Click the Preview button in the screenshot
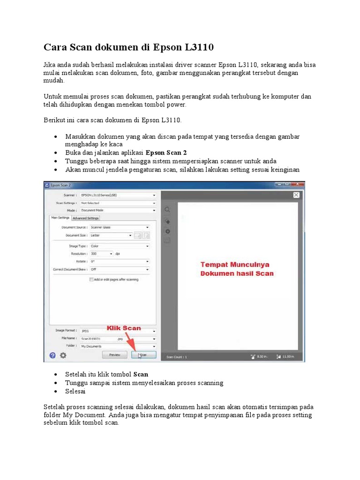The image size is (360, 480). click(x=115, y=355)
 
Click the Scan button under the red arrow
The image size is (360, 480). click(x=143, y=355)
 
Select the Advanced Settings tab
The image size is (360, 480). click(x=86, y=218)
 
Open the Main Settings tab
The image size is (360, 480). click(x=60, y=217)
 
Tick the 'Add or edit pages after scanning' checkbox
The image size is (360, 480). click(x=91, y=279)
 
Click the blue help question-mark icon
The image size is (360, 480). click(x=52, y=355)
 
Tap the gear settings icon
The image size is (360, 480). click(x=63, y=355)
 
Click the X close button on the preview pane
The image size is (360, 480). click(x=296, y=195)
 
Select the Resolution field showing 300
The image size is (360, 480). click(x=101, y=254)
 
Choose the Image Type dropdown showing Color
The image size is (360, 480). click(x=119, y=246)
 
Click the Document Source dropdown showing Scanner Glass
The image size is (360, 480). click(x=119, y=227)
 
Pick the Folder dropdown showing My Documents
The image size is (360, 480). click(x=117, y=346)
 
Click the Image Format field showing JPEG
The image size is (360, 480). click(x=117, y=330)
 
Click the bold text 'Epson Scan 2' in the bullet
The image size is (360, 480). click(x=166, y=153)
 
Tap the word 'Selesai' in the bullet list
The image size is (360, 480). click(x=75, y=391)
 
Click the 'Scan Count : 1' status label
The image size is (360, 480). click(x=177, y=357)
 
